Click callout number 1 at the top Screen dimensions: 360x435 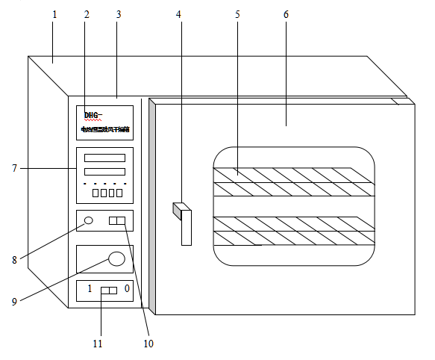click(x=54, y=14)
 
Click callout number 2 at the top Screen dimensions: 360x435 click(x=87, y=14)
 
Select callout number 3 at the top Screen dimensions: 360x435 click(x=118, y=14)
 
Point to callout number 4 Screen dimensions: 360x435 click(x=179, y=14)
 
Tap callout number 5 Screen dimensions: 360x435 click(x=237, y=14)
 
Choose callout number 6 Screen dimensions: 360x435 click(x=287, y=14)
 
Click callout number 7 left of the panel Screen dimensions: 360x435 click(x=14, y=168)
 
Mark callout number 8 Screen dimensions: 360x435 click(x=14, y=260)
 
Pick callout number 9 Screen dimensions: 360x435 click(x=14, y=302)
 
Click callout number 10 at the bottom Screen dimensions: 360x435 click(x=148, y=344)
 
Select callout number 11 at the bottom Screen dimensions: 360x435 click(x=97, y=344)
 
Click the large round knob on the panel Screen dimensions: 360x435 click(x=116, y=258)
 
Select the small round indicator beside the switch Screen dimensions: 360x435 click(x=89, y=220)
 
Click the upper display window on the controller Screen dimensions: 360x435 click(x=104, y=158)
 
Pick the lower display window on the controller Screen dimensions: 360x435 click(x=104, y=171)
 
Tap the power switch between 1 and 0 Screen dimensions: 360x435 click(x=109, y=290)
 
